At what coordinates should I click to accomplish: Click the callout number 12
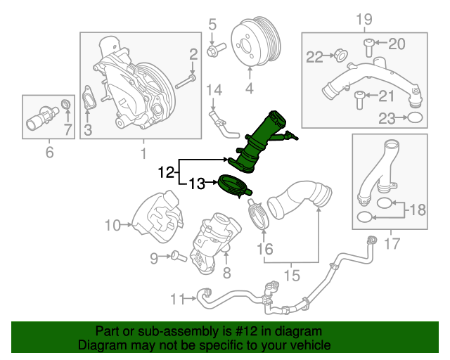(x=165, y=172)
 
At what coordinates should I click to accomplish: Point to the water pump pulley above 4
(x=250, y=41)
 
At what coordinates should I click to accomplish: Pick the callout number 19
(x=364, y=18)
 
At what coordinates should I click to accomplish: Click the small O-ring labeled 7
(x=67, y=105)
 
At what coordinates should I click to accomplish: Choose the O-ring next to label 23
(x=415, y=119)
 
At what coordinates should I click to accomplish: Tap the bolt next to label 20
(x=369, y=46)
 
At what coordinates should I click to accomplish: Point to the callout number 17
(x=391, y=245)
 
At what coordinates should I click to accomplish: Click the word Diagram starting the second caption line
(x=101, y=345)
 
